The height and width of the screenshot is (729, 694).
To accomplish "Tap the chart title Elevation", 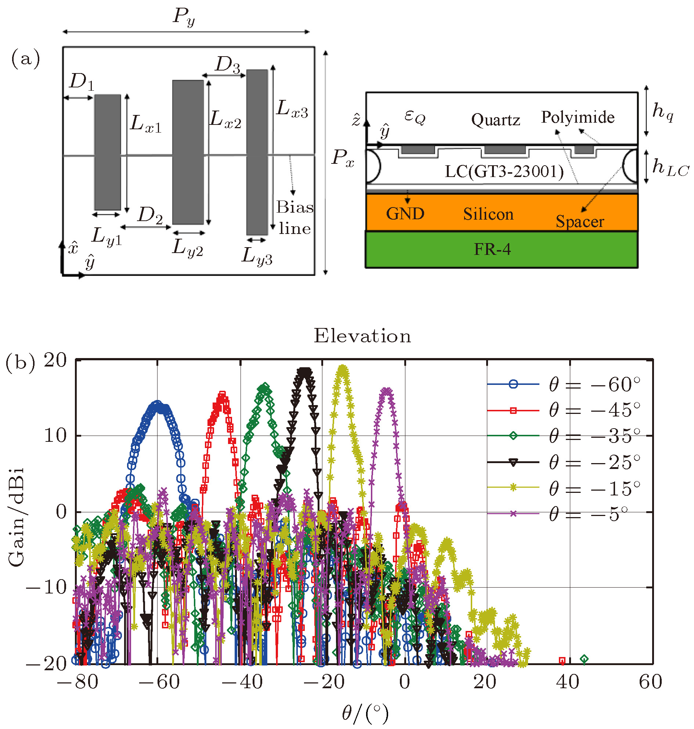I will click(x=362, y=336).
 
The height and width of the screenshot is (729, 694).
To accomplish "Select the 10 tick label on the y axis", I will click(x=55, y=436).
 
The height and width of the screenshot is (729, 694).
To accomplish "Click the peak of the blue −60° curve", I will click(x=158, y=404).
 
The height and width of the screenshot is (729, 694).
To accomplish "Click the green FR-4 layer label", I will click(x=492, y=249).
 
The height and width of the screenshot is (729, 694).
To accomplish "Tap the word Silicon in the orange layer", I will click(x=488, y=214).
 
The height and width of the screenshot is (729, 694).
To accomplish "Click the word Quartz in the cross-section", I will click(x=496, y=120).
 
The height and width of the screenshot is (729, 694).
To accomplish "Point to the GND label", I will click(x=405, y=214).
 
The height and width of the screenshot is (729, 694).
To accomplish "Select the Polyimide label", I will click(x=578, y=117).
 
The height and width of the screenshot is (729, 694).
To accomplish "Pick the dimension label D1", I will click(x=82, y=82).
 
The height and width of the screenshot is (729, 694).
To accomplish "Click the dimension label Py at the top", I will click(x=184, y=17).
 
